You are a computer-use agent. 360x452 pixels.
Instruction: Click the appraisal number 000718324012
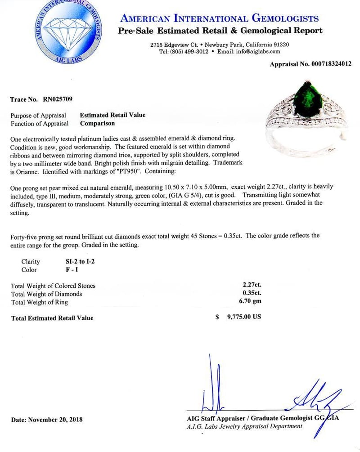point(326,64)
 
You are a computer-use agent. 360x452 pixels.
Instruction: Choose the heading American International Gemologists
point(220,18)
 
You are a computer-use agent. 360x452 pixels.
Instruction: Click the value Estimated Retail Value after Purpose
point(112,115)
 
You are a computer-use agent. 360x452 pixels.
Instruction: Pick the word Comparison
point(97,123)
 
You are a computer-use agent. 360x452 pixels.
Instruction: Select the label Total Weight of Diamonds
point(47,294)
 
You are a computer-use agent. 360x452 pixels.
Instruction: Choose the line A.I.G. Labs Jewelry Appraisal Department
point(245,426)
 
